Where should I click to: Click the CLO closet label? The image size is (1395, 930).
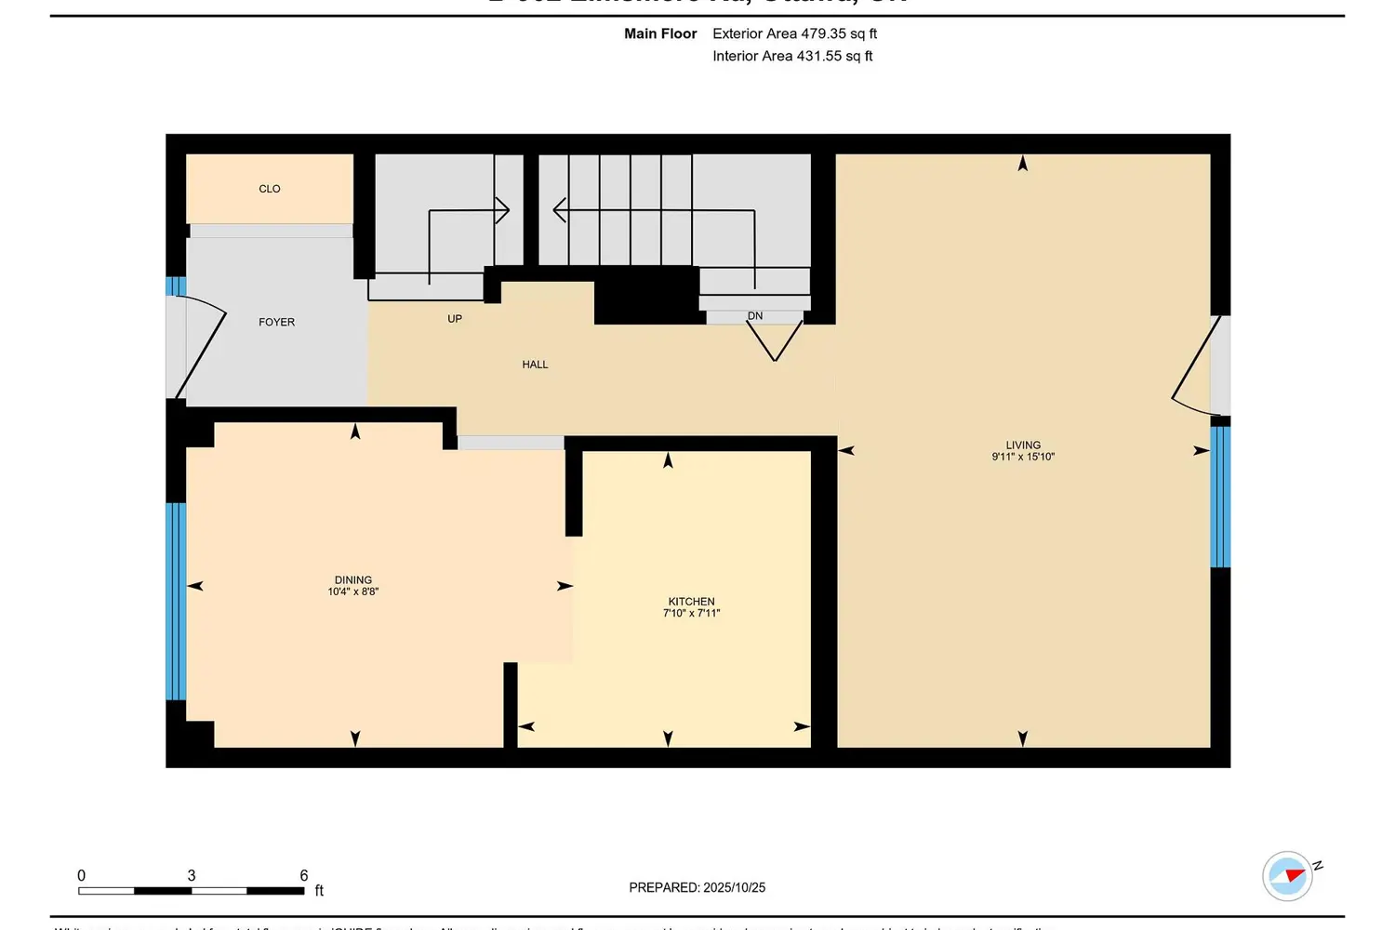(x=270, y=189)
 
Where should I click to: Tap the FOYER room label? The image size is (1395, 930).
(x=276, y=322)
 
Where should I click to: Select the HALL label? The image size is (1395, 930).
(x=535, y=365)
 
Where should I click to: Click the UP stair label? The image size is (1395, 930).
(x=455, y=319)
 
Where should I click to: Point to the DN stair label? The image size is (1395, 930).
(x=755, y=316)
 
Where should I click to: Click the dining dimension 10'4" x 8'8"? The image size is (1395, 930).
(x=353, y=592)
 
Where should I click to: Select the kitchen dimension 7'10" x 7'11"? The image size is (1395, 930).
(x=691, y=614)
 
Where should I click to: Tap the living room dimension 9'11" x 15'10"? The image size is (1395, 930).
(x=1023, y=458)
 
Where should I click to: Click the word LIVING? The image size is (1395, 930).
(x=1023, y=445)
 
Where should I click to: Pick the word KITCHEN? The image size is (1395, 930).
(x=691, y=602)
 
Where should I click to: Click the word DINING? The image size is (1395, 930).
(x=353, y=580)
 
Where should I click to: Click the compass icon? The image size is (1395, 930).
(x=1288, y=876)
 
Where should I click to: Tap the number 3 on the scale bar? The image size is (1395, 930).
(x=192, y=875)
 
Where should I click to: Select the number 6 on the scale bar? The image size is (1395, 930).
(x=304, y=875)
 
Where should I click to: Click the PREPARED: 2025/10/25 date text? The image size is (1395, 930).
(x=697, y=888)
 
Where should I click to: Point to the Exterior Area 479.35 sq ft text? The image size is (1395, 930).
(x=794, y=33)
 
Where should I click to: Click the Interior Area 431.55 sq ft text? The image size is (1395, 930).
(x=792, y=56)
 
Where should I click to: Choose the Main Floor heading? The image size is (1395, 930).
(x=660, y=33)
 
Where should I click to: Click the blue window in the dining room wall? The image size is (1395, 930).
(x=176, y=601)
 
